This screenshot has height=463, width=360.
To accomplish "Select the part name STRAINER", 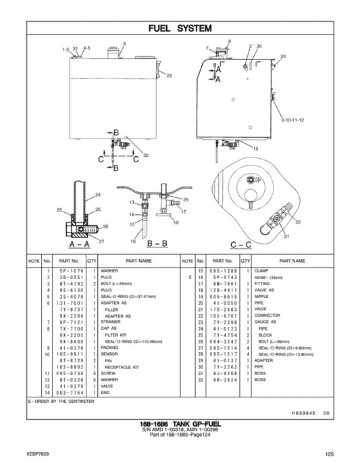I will (x=113, y=322).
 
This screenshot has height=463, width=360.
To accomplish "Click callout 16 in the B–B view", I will (x=133, y=241).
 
